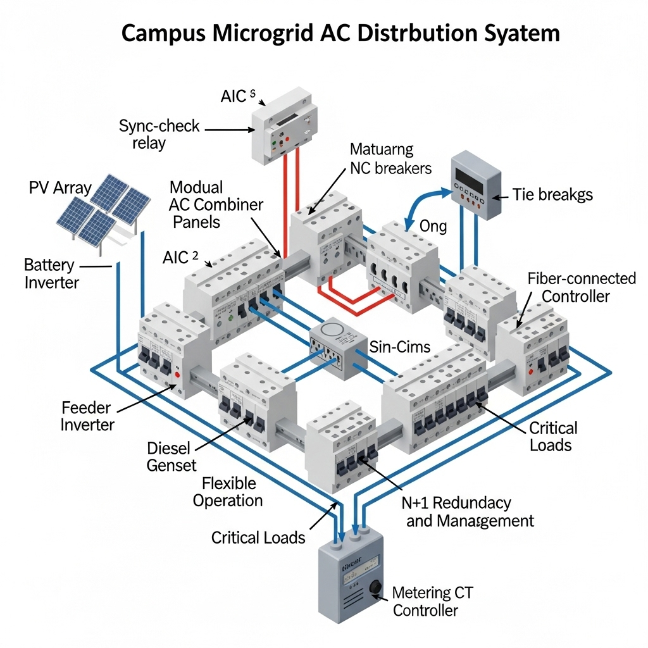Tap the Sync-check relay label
159,134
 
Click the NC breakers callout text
390,159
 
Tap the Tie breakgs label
551,194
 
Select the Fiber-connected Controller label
581,287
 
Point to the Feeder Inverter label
87,416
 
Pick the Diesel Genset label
171,456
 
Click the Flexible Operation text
228,492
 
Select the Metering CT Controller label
432,601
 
